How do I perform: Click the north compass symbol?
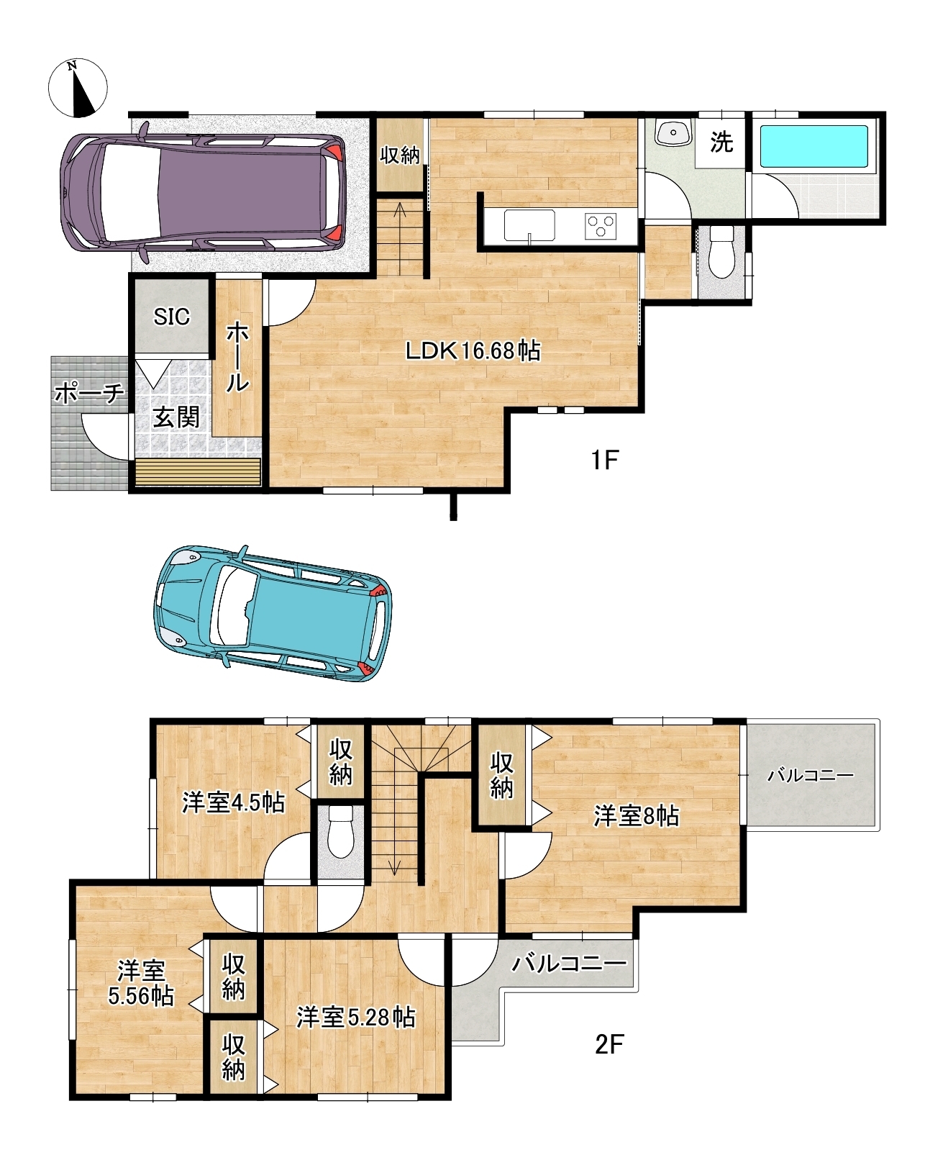point(78,88)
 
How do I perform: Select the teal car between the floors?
point(273,613)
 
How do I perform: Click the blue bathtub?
point(814,147)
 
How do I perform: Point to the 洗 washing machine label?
point(721,142)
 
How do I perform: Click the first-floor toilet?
point(721,252)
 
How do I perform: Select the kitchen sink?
point(529,225)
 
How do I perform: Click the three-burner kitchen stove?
point(601,226)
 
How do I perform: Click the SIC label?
point(172,317)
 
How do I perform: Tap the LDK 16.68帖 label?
point(473,351)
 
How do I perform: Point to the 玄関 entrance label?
point(176,417)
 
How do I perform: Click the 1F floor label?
point(605,460)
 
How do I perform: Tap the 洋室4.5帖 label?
point(233,802)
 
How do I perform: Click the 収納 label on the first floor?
point(400,155)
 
